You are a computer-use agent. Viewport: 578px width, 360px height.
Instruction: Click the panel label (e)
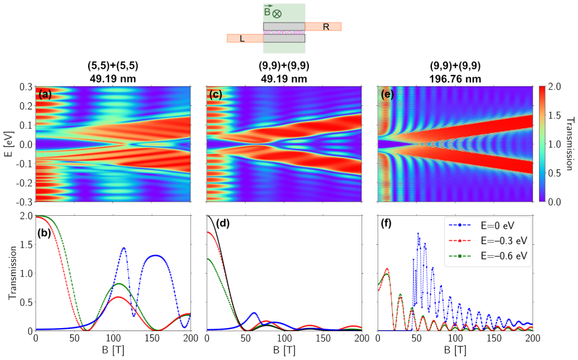tap(387, 95)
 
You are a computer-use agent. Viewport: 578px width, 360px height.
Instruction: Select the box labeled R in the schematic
tap(323, 27)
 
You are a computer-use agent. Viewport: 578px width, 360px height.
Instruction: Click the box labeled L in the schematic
tap(245, 38)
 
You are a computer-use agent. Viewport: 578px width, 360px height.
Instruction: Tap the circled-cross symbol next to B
tap(277, 14)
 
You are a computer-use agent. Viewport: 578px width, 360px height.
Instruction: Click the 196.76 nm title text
tap(455, 79)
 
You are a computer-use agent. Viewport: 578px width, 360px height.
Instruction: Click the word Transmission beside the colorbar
tap(570, 144)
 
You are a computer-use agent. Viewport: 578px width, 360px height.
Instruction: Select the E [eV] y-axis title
tap(9, 144)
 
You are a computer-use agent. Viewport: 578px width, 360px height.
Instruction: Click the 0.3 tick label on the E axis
tap(26, 87)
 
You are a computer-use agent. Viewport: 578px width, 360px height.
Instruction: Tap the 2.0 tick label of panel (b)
tap(26, 216)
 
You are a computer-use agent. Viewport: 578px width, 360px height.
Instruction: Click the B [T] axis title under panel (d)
tap(284, 351)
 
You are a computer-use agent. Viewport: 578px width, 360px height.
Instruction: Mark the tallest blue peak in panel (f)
tap(418, 233)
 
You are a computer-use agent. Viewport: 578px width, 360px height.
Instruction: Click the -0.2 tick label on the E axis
tap(24, 183)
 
